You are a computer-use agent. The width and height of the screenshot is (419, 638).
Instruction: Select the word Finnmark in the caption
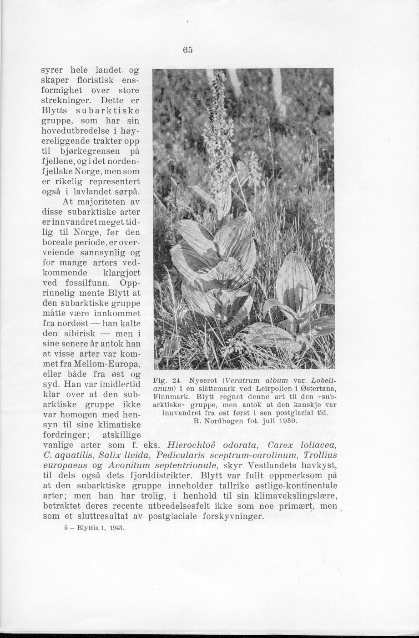(x=169, y=396)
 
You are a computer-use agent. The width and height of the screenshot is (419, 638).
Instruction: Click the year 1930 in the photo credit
(x=287, y=421)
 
